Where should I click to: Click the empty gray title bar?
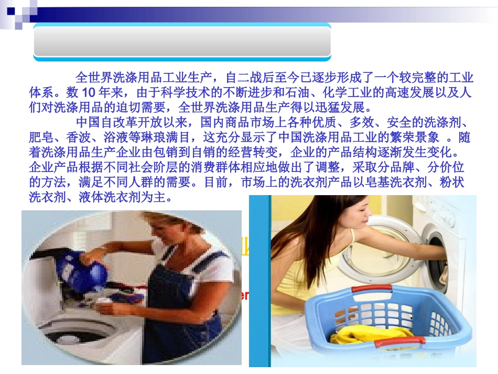click(182, 41)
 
